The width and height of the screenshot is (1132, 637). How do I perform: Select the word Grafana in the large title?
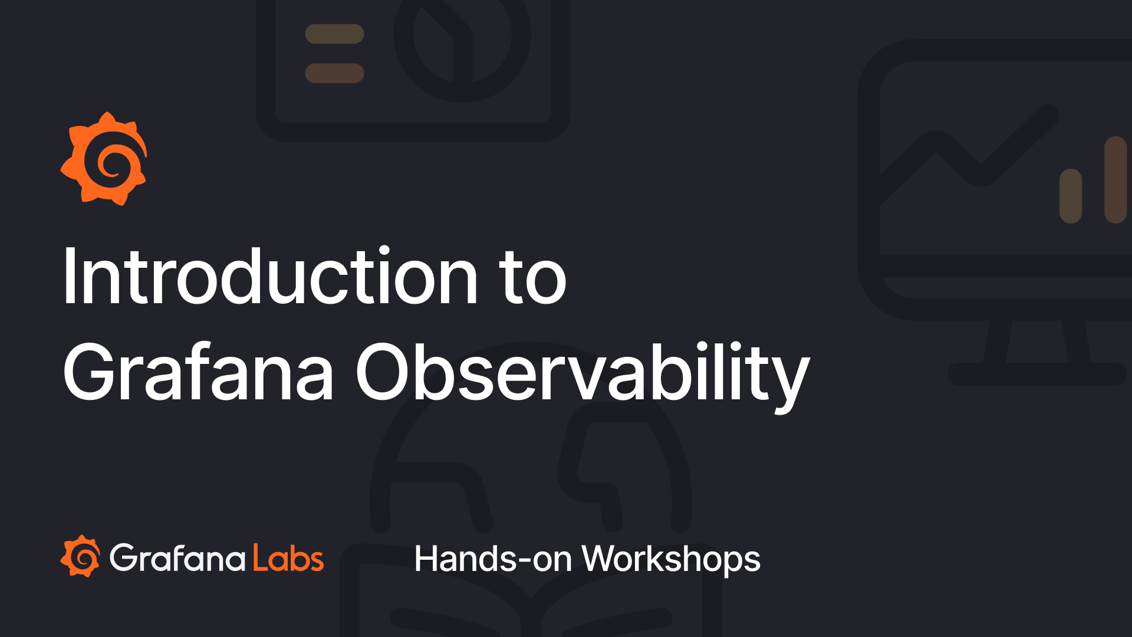(198, 373)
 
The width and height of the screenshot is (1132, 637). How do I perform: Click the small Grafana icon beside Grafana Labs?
(80, 556)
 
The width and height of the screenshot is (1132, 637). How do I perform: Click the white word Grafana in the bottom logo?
(177, 558)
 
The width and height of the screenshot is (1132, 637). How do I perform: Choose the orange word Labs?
(288, 558)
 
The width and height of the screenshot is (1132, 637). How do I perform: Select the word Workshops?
(671, 559)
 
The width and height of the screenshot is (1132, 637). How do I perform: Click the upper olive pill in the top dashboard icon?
(334, 34)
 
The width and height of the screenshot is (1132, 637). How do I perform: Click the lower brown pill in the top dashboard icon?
(334, 73)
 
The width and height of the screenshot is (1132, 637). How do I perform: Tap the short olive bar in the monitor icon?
(1070, 196)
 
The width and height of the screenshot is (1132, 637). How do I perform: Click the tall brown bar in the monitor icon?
(1115, 180)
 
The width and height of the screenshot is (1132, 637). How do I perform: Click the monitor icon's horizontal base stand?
(1036, 374)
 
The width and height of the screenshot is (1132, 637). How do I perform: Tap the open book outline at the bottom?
(531, 608)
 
